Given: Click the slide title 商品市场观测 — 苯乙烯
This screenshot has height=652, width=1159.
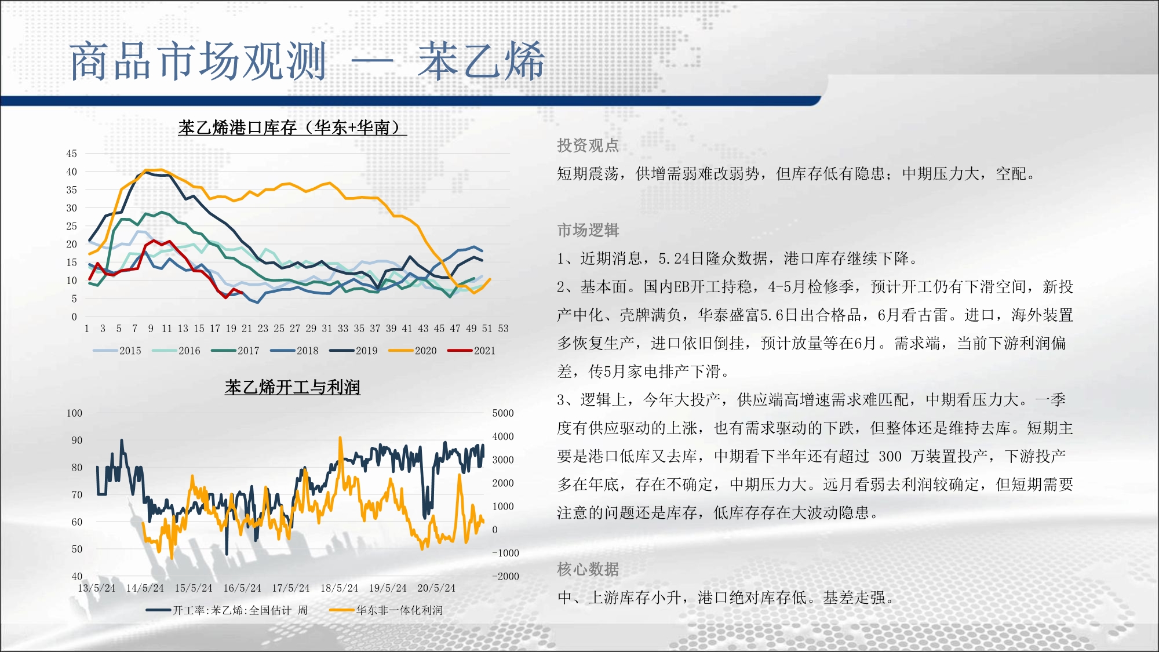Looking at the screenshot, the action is point(307,61).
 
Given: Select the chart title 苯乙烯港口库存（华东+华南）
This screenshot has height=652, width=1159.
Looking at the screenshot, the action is point(292,128).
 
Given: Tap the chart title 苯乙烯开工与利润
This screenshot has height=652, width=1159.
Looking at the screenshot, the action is point(293,387).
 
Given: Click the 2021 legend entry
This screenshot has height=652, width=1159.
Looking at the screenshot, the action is point(472,351).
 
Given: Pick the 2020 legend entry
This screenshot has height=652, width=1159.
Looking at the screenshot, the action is point(413,351).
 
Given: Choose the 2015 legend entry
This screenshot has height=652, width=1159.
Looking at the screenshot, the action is point(117,351).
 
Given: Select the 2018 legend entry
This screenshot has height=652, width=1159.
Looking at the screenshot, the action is point(294,351).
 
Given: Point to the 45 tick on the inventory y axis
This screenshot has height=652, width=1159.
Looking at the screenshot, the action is point(71,154).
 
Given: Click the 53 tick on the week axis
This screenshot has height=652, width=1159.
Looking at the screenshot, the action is point(503,329).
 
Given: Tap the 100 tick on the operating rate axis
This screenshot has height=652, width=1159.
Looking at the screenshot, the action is point(74,413).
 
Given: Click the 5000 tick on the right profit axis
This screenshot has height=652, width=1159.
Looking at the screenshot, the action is point(503,413).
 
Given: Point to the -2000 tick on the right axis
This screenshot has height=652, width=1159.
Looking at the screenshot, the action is point(505,576).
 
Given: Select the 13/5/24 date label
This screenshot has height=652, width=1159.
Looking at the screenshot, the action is point(97,588).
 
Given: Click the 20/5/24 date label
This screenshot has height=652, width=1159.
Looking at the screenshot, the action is point(436,588).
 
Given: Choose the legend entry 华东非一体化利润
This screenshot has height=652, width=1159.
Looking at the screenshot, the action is point(386,610).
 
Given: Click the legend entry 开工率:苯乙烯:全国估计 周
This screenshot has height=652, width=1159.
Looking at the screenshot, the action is point(227,610).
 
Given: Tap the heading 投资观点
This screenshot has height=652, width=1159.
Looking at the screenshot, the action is point(588,145).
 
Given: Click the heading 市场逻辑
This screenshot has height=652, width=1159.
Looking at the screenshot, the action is point(588,230).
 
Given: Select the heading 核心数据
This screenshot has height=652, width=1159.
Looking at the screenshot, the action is point(588,569).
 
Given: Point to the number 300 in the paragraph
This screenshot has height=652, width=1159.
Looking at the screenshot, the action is point(890,457).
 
